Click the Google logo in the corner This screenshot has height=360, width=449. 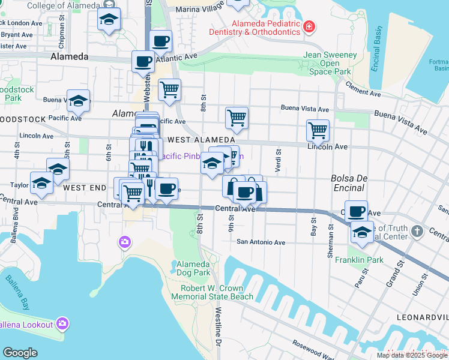pos(20,353)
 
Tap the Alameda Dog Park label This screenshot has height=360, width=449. pos(193,268)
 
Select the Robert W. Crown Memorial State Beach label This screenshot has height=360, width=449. pos(217,292)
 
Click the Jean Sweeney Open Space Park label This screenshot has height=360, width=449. pos(330,63)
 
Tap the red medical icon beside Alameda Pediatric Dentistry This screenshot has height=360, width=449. pos(309,27)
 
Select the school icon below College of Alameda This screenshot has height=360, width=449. pos(109,19)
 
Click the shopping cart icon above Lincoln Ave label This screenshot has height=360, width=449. pos(318,129)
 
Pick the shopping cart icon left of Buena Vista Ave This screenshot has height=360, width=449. pos(237,117)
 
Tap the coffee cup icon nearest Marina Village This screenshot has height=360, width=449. pos(160,41)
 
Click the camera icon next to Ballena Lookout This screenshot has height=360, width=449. pos(63,325)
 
